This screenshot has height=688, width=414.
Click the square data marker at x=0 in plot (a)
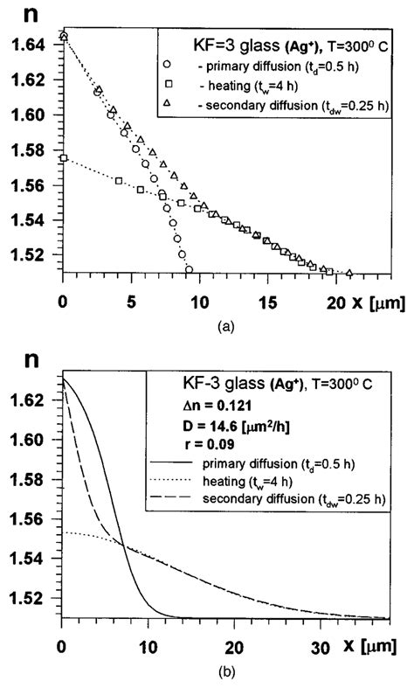click(63, 158)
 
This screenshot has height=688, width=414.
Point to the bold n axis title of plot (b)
click(24, 358)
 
